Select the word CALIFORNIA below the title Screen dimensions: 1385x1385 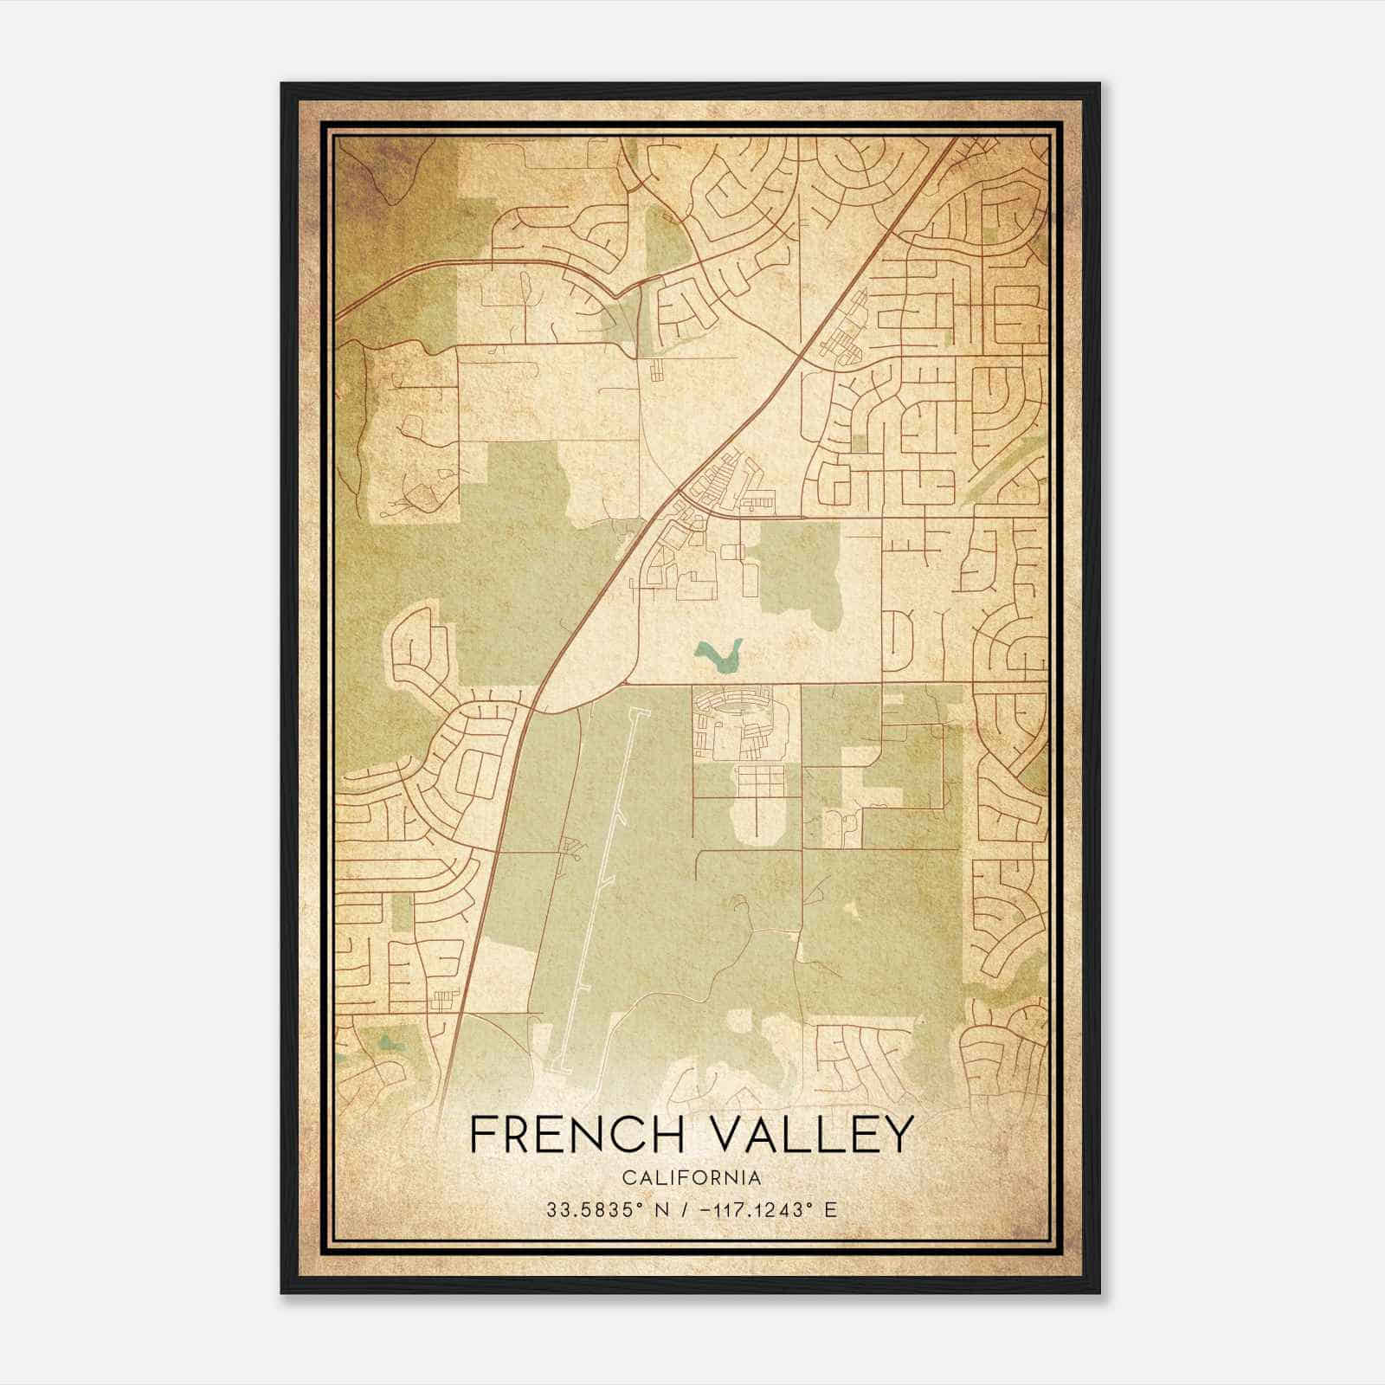pos(692,1178)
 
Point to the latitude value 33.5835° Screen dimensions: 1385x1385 pos(586,1210)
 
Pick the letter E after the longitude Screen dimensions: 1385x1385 pos(831,1210)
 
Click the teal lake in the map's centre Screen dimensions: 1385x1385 pos(719,656)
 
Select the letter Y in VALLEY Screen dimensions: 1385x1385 pos(898,1135)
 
